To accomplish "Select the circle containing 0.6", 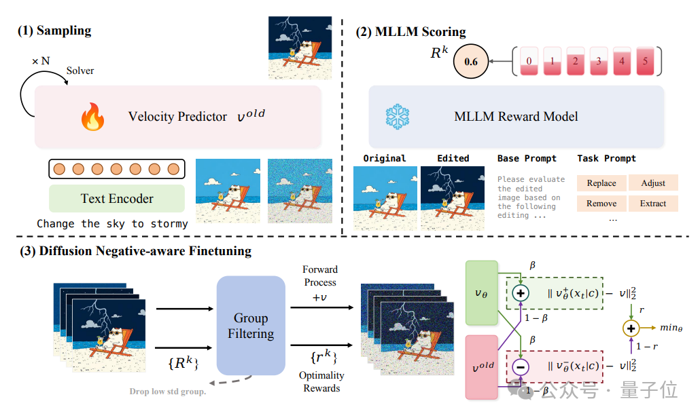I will click(x=471, y=62).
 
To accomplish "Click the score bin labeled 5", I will click(x=645, y=62).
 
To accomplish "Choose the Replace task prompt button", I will click(x=601, y=183).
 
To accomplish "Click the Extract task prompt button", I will click(x=652, y=203).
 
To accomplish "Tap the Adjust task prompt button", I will click(x=652, y=183).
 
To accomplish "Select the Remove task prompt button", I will click(x=601, y=203).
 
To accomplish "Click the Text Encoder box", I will click(x=117, y=199).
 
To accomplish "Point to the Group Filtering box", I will click(x=251, y=326).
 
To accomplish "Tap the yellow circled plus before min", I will click(x=631, y=328).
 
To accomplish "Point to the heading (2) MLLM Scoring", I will click(x=410, y=31).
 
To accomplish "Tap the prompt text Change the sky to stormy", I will click(x=112, y=223).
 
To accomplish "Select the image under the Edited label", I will click(x=453, y=197).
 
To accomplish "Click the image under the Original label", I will click(x=385, y=197).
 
